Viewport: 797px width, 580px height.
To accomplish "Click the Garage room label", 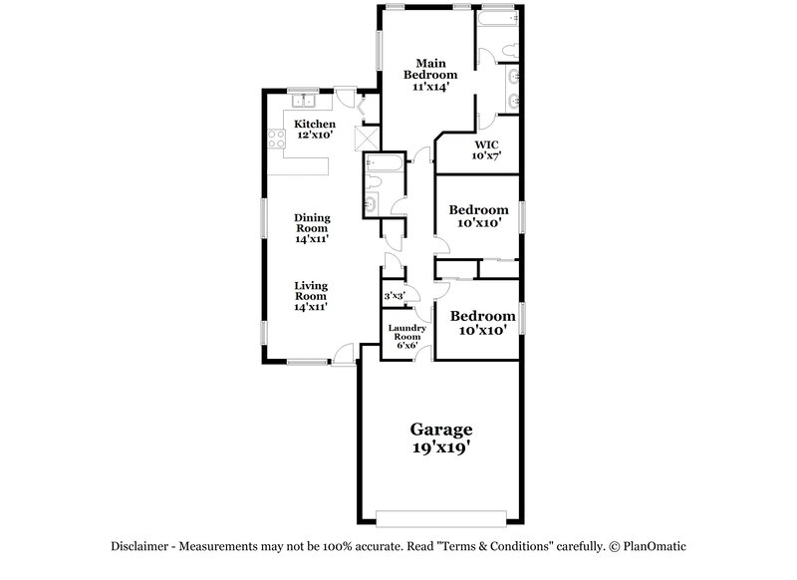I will tap(441, 430).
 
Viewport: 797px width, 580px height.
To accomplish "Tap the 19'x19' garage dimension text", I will tap(441, 448).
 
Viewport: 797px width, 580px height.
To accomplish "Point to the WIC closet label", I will tap(485, 143).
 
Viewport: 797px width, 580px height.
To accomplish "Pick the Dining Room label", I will tap(312, 222).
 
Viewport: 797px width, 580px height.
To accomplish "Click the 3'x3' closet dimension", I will tap(395, 296).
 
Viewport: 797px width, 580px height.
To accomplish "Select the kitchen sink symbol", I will tap(302, 100).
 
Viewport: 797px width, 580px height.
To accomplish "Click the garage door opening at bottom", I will tap(441, 517).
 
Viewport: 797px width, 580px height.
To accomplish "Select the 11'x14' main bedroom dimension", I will tap(430, 87).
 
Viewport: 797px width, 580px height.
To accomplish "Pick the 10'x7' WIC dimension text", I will tap(485, 155).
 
